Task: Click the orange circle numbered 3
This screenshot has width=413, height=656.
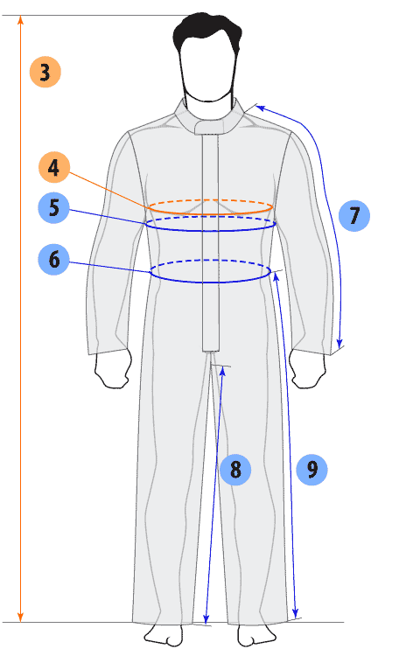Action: pos(45,72)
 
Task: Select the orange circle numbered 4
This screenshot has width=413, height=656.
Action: pos(54,167)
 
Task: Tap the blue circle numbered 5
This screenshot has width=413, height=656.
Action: pos(54,207)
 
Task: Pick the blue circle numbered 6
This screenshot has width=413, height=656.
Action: pos(54,260)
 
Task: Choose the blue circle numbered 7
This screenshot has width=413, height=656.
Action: pos(354,215)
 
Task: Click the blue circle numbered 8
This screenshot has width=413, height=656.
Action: pos(235,469)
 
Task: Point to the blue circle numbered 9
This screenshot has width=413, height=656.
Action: pos(311,469)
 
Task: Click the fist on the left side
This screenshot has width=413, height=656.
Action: pos(113,369)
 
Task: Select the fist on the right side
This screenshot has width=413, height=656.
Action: pos(307,369)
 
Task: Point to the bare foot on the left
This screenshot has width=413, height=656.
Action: pos(164,636)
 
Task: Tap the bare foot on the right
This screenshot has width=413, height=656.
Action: pos(256,636)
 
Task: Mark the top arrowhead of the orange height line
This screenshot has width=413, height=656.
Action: pos(20,19)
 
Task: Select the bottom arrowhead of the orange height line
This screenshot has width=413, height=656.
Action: pos(20,618)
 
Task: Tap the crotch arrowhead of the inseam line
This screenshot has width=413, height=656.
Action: pos(222,372)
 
